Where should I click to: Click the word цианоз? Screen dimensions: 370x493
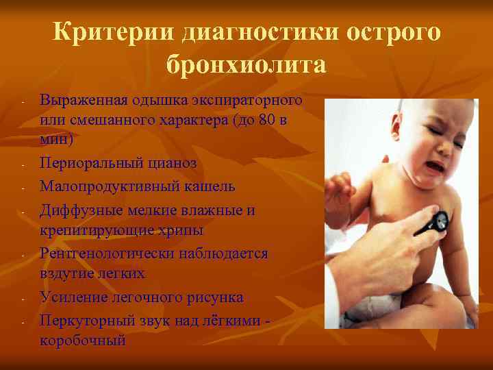(172, 164)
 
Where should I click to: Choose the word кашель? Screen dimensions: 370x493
(205, 186)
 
